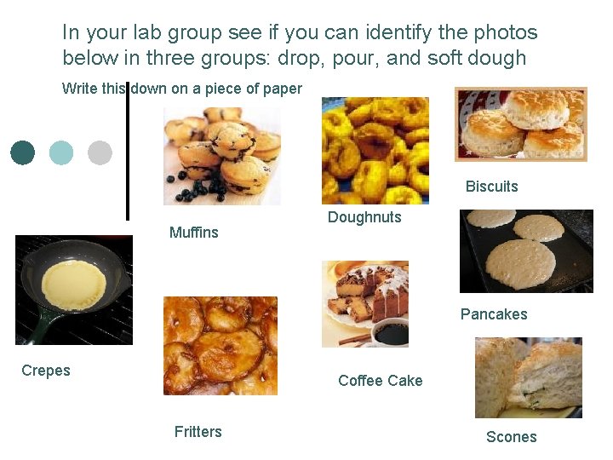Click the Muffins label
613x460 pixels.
pyautogui.click(x=193, y=233)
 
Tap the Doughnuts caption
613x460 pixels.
pyautogui.click(x=364, y=217)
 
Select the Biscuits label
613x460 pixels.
pyautogui.click(x=491, y=187)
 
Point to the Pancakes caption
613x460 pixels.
pyautogui.click(x=494, y=314)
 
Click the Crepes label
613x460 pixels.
pyautogui.click(x=46, y=371)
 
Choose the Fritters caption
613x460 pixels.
pyautogui.click(x=198, y=432)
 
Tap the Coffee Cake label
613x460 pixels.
pyautogui.click(x=380, y=381)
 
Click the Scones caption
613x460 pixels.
pyautogui.click(x=511, y=437)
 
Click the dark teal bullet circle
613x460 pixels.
pyautogui.click(x=23, y=152)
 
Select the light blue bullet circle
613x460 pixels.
pyautogui.click(x=61, y=152)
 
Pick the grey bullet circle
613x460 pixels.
pyautogui.click(x=100, y=152)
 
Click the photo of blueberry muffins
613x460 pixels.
pyautogui.click(x=221, y=156)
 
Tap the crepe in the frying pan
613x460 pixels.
pyautogui.click(x=74, y=285)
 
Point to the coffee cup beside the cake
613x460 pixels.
pyautogui.click(x=390, y=332)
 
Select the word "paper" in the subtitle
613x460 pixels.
pyautogui.click(x=282, y=89)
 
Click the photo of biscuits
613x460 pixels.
pyautogui.click(x=521, y=124)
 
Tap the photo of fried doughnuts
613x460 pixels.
pyautogui.click(x=375, y=150)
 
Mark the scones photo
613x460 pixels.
pyautogui.click(x=528, y=377)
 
